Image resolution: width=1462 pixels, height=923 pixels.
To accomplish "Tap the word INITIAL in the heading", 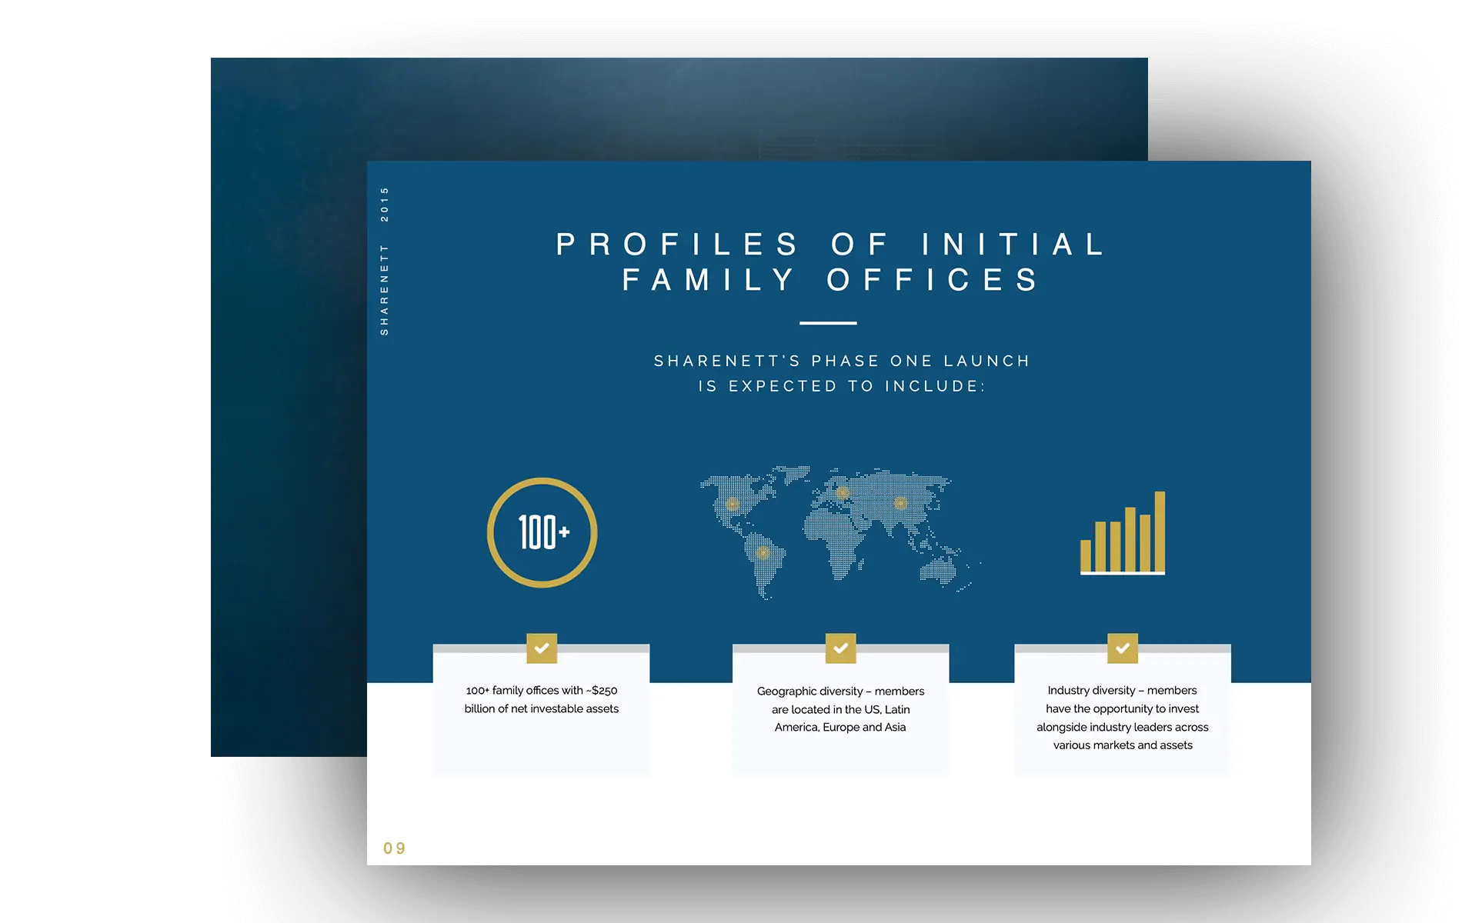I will tap(1014, 245).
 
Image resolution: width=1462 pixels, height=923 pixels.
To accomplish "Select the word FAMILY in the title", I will tap(709, 280).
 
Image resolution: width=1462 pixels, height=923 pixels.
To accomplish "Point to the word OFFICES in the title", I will tap(933, 280).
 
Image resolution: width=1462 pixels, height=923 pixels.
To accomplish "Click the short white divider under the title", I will tap(828, 323).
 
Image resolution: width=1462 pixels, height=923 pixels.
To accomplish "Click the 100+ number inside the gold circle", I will tap(543, 532).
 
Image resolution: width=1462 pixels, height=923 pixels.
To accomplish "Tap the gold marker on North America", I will tap(733, 505).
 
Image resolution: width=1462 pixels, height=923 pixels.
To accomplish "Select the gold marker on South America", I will tap(763, 552).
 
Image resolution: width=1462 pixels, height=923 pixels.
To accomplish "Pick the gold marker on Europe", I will tap(843, 493).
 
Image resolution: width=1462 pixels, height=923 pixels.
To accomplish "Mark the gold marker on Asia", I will tap(900, 504).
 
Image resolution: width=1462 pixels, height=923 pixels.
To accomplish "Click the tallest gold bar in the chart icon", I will tap(1160, 531).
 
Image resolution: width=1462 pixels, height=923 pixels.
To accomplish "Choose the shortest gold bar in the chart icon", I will tap(1086, 555).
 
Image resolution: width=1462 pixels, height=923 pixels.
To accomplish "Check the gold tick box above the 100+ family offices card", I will tap(542, 648).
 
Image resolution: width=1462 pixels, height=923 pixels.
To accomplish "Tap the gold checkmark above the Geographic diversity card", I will tap(840, 648).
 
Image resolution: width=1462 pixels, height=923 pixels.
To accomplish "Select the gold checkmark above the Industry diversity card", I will tap(1123, 648).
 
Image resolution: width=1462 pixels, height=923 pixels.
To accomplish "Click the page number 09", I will tap(394, 848).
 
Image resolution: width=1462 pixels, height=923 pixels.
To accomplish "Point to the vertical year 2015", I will tap(385, 204).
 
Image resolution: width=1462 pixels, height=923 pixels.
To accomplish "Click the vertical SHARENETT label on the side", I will tap(385, 289).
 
